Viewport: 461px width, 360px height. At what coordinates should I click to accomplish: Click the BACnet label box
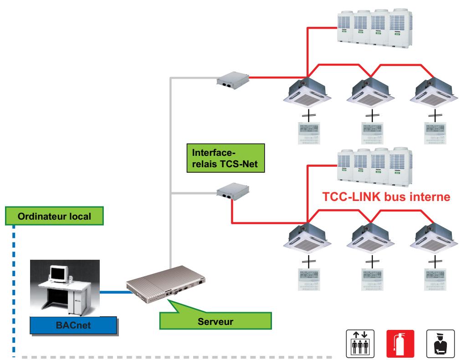click(x=72, y=326)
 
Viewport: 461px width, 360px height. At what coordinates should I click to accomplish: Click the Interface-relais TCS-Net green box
click(x=225, y=159)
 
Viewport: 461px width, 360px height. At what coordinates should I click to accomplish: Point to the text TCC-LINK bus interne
click(x=386, y=197)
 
